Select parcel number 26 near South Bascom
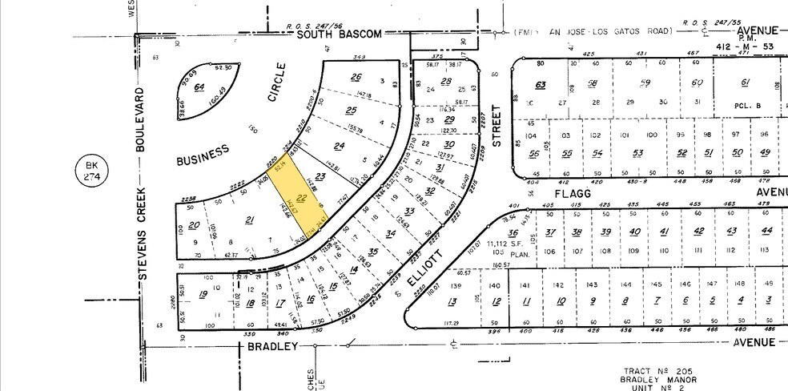[x=357, y=77]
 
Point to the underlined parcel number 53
[x=638, y=154]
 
